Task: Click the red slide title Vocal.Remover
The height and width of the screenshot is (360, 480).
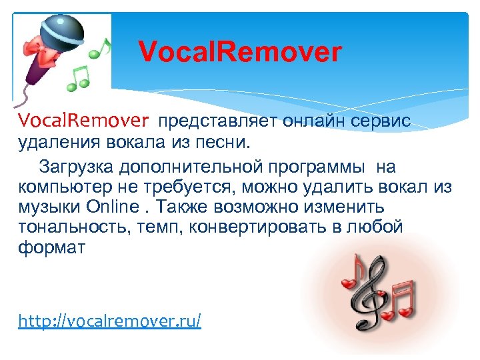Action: pos(239,52)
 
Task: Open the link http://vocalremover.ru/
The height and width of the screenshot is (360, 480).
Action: pos(109,321)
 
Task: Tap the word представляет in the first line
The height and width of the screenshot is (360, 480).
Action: pos(205,121)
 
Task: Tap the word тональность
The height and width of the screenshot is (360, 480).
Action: pos(67,227)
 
